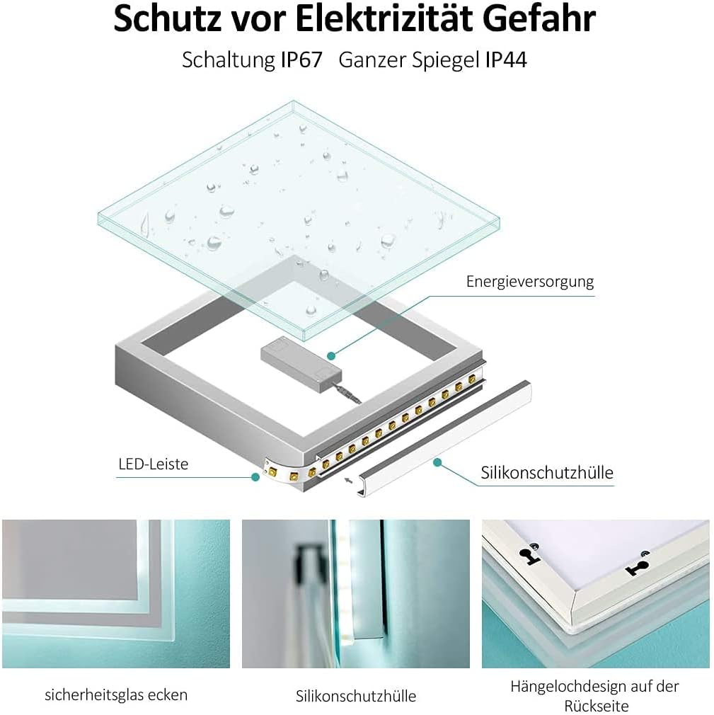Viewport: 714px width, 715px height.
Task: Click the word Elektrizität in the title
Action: (x=388, y=19)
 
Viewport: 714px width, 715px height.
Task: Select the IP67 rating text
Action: (x=301, y=59)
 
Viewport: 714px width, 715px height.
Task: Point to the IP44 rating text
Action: (x=506, y=59)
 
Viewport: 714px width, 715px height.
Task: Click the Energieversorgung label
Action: (x=529, y=281)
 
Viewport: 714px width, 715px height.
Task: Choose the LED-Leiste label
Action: (x=154, y=464)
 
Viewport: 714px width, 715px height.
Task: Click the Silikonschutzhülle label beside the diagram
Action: (x=547, y=472)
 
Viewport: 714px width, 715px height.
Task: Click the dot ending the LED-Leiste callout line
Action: (x=255, y=477)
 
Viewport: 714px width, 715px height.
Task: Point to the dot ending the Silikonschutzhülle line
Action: (x=437, y=462)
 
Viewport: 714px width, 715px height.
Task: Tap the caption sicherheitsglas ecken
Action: (x=116, y=694)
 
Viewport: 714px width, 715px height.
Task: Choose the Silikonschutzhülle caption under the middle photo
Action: (x=356, y=696)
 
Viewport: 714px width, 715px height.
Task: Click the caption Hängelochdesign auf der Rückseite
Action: (x=595, y=695)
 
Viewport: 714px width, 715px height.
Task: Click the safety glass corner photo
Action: (x=116, y=593)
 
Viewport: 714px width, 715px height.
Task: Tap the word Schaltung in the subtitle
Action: (x=227, y=59)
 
